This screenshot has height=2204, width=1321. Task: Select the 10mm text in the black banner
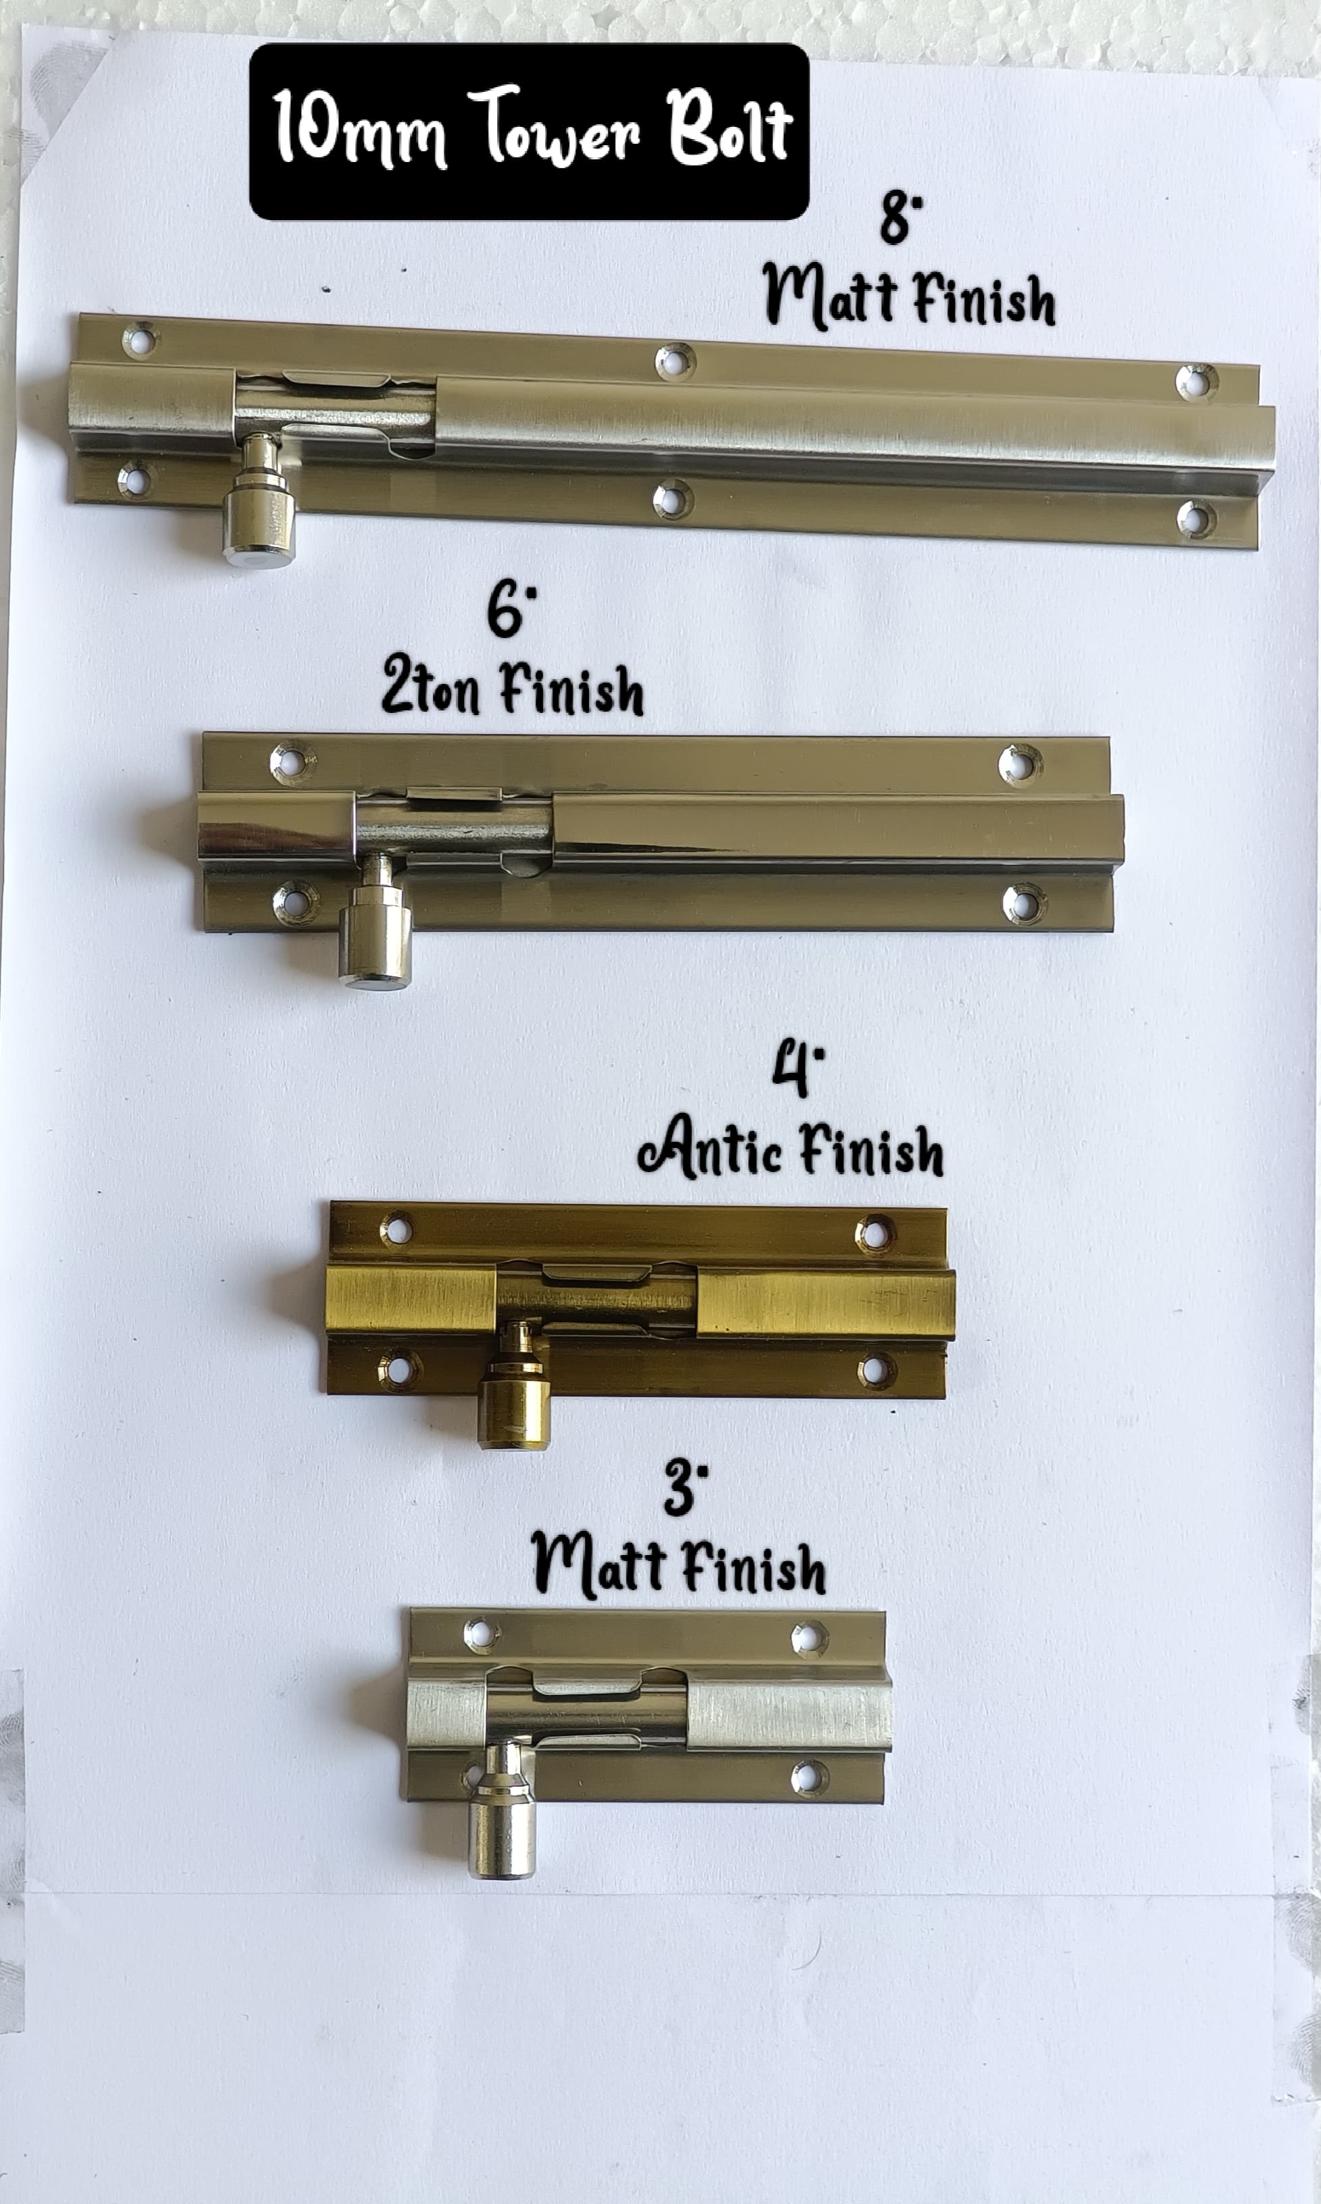[359, 129]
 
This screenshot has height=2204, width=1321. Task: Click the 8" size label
[901, 219]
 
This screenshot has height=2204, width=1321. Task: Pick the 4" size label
[798, 1072]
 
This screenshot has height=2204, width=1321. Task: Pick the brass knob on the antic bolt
[514, 1389]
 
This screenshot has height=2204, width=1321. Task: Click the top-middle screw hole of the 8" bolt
[675, 361]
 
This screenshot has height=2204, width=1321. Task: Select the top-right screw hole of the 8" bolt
[1196, 382]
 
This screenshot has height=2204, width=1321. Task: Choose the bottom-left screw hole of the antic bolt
[398, 1366]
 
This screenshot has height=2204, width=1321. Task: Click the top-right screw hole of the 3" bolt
[809, 1639]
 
